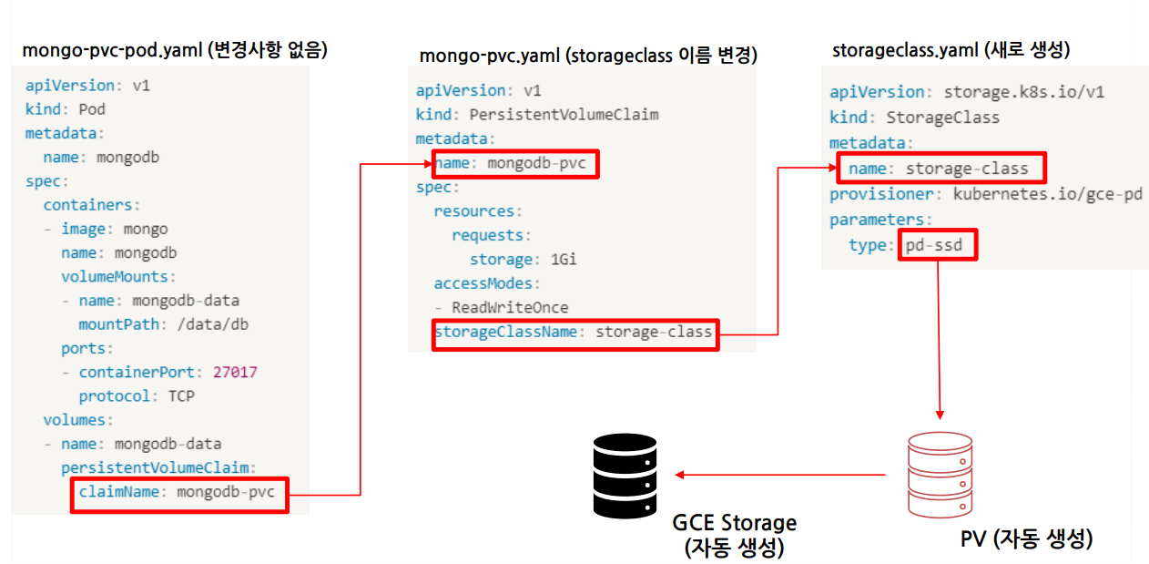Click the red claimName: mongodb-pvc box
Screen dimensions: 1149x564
pyautogui.click(x=179, y=494)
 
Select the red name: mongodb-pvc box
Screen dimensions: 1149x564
pyautogui.click(x=514, y=164)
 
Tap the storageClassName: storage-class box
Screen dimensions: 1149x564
pyautogui.click(x=574, y=333)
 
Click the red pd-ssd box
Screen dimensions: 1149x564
pyautogui.click(x=938, y=245)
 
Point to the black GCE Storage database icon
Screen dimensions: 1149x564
pyautogui.click(x=625, y=476)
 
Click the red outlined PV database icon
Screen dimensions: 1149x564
pyautogui.click(x=940, y=475)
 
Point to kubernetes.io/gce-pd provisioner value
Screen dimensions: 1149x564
pyautogui.click(x=1047, y=194)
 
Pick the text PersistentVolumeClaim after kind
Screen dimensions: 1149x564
pyautogui.click(x=564, y=115)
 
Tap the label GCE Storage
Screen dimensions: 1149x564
pyautogui.click(x=734, y=524)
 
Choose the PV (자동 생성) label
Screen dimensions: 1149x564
pyautogui.click(x=1026, y=538)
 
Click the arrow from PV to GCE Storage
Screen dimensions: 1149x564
pyautogui.click(x=779, y=475)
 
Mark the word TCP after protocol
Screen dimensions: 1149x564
pyautogui.click(x=181, y=396)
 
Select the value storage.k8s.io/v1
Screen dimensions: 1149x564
pyautogui.click(x=1024, y=92)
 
